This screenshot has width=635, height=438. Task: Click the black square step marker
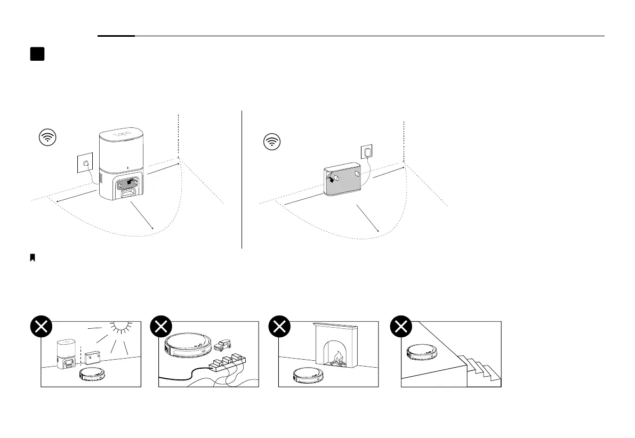37,54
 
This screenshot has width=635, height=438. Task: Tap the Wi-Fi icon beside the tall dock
48,137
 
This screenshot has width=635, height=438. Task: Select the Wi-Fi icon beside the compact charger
273,142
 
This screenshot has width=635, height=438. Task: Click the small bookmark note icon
33,258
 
